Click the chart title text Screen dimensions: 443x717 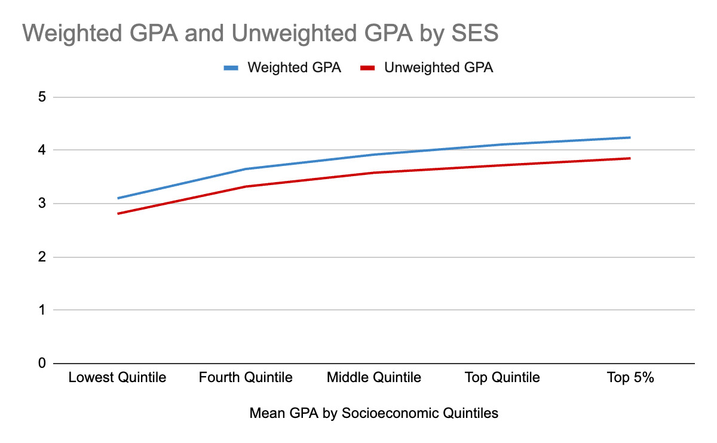[260, 33]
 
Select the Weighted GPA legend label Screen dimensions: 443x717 [294, 67]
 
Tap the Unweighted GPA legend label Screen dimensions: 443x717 [439, 67]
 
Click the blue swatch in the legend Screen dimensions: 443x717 [231, 68]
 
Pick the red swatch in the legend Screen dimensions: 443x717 [367, 68]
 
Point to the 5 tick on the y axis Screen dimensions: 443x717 [41, 97]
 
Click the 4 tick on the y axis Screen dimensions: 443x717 [41, 150]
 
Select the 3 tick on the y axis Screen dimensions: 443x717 [41, 204]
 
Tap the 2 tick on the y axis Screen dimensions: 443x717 [41, 257]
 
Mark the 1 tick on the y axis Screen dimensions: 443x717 [41, 310]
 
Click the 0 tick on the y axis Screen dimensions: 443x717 [41, 363]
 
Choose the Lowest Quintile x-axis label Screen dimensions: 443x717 [117, 378]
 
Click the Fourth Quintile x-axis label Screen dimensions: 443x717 [246, 378]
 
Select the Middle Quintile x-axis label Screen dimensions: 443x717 [374, 378]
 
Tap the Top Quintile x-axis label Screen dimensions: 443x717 [502, 378]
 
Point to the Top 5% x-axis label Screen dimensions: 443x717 [630, 378]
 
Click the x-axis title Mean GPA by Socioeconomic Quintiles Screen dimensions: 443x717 [374, 413]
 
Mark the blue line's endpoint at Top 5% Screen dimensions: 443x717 [630, 137]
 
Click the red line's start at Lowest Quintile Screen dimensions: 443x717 [118, 213]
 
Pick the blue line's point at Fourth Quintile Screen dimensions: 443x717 [246, 169]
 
